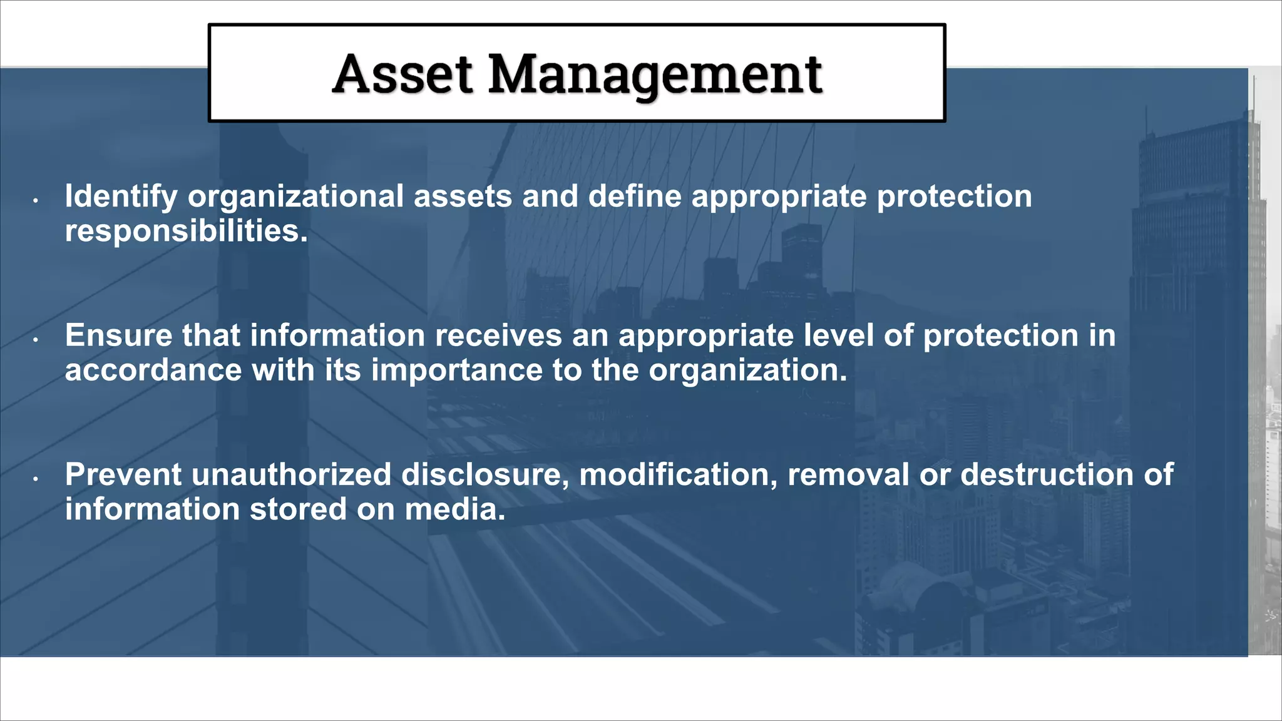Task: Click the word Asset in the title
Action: pos(402,74)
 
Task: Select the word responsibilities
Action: pos(187,231)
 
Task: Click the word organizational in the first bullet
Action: pos(296,197)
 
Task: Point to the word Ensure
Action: pos(118,335)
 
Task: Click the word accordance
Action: pos(153,370)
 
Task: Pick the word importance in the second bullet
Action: pos(457,370)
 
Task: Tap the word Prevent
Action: pos(123,474)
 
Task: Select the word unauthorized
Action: pos(292,474)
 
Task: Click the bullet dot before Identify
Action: pos(36,200)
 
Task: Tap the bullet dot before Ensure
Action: pos(36,339)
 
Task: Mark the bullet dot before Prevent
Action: pos(36,478)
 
